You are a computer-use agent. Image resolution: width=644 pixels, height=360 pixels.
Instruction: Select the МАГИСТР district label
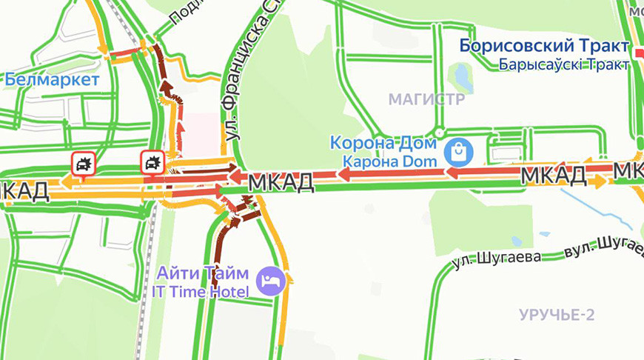pos(426,99)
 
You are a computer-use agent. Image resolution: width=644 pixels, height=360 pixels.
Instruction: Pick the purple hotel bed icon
pos(267,281)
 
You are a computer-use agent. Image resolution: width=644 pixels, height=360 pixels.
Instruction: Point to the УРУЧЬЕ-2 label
pos(557,314)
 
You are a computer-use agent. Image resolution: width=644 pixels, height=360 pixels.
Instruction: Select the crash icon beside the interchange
pos(152,161)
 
